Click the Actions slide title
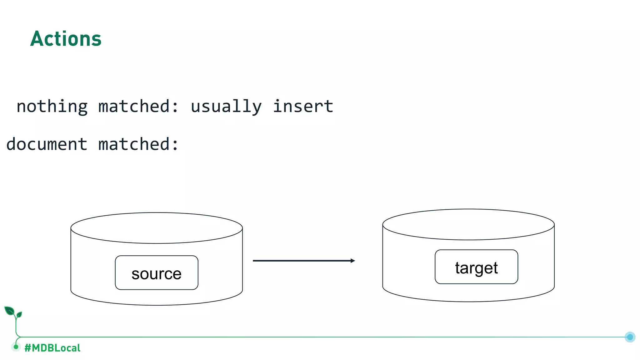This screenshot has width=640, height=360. coord(66,39)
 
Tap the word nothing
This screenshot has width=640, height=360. coord(52,107)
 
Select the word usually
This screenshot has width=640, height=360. coord(226,107)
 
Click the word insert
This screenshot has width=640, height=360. coord(303,107)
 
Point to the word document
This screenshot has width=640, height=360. coord(47,144)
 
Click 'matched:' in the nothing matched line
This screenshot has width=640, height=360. coord(138,107)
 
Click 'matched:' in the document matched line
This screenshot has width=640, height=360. coord(138,144)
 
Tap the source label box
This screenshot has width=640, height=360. coord(157,273)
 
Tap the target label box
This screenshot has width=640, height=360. coord(476,267)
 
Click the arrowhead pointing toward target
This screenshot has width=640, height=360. coord(353,261)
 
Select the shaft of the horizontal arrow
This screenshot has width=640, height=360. coord(300,261)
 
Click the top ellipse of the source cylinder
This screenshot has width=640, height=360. coord(157,228)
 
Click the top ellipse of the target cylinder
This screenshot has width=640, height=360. coord(468,224)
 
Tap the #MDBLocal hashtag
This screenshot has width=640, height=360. coord(52,348)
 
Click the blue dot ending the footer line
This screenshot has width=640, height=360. coord(630,337)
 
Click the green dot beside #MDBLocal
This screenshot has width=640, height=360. coord(16,347)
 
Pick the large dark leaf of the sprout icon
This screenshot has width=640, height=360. coord(9,311)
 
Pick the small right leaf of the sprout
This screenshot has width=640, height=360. coord(19,314)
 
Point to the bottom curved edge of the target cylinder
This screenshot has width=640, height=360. coord(468,301)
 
